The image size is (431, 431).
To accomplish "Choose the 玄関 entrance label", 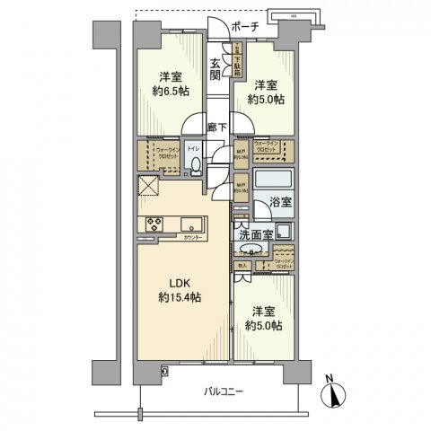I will tap(216, 69).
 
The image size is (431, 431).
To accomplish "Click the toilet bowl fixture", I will tap(196, 163).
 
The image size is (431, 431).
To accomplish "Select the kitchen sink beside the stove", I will tap(190, 224).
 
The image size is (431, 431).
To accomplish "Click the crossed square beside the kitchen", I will tap(148, 187).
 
